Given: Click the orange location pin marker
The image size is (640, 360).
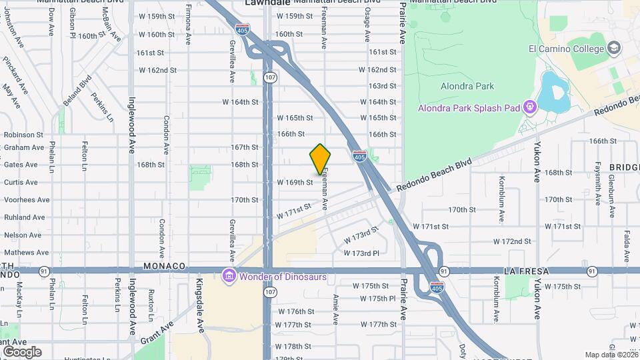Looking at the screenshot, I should [321, 159].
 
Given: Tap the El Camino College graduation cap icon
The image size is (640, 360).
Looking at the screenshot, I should [614, 48].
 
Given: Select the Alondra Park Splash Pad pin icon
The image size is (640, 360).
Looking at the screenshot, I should [530, 107].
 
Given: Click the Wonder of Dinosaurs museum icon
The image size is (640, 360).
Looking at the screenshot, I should [229, 275].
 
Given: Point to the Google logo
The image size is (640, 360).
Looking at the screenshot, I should [22, 351].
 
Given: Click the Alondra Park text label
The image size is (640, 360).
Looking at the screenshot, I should [467, 86].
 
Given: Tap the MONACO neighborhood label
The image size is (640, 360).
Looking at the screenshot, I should [164, 266].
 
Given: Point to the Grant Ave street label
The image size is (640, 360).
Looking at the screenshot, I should [157, 332].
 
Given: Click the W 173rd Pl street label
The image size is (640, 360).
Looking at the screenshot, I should [361, 253].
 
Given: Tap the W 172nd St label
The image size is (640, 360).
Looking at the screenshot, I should [513, 241].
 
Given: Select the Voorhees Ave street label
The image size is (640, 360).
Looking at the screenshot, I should [27, 199].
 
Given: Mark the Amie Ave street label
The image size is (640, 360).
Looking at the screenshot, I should [335, 309].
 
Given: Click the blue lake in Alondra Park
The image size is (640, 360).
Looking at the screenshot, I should [552, 91].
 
